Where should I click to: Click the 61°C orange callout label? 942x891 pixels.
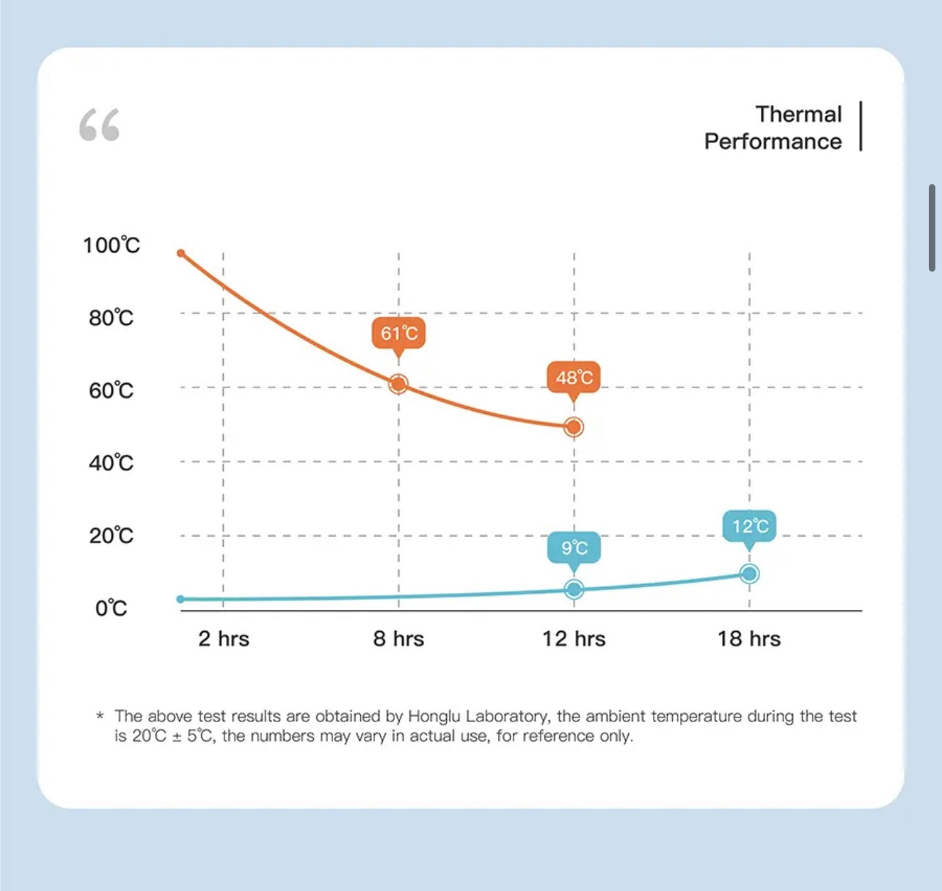[398, 333]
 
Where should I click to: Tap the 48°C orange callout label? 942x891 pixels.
[574, 377]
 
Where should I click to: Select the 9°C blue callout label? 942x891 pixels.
[574, 548]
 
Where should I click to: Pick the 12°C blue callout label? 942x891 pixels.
[749, 525]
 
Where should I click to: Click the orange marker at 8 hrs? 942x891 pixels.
[398, 383]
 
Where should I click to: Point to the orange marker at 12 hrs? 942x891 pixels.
[574, 426]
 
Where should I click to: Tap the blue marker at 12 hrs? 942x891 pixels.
[574, 589]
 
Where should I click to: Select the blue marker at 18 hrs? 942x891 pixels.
[749, 574]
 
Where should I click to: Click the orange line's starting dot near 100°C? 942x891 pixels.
[181, 253]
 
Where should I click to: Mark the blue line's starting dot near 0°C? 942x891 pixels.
[181, 599]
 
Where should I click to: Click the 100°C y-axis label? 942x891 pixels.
[112, 245]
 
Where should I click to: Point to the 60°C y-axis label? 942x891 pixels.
[112, 390]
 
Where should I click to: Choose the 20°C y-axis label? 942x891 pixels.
[112, 536]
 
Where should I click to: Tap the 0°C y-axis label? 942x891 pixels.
[112, 608]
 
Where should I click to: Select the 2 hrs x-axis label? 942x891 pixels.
[224, 639]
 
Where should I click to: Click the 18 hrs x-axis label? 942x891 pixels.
[749, 639]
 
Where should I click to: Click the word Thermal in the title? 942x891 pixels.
[798, 114]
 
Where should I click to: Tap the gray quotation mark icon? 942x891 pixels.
[99, 125]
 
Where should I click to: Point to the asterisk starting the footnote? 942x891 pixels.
[100, 716]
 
